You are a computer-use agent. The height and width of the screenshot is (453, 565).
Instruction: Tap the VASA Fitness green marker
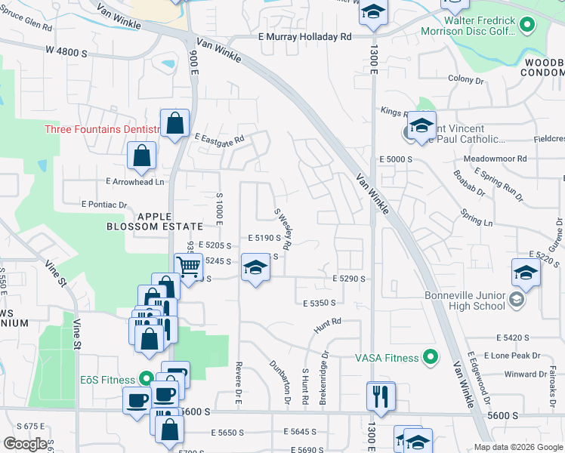[431, 356]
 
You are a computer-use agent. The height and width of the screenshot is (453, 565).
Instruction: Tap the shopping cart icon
[187, 266]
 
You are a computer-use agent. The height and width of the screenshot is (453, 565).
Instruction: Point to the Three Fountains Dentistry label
[100, 129]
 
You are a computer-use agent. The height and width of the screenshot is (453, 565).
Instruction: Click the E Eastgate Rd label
[220, 139]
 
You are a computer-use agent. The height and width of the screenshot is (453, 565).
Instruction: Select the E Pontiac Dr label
[105, 204]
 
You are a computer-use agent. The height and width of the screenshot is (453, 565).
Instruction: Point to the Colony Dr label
[465, 79]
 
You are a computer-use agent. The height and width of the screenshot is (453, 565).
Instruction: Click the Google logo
[26, 444]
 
